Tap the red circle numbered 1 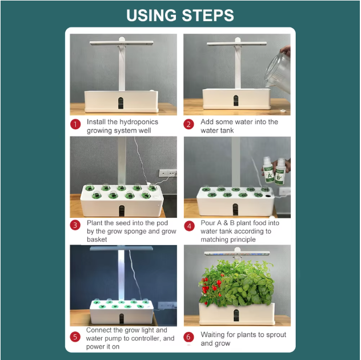coord(75,125)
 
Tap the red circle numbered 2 coord(189,125)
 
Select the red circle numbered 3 coord(75,225)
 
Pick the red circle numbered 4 coord(189,225)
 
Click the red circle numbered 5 coord(75,337)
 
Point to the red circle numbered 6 coord(189,337)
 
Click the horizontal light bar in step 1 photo coord(121,43)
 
